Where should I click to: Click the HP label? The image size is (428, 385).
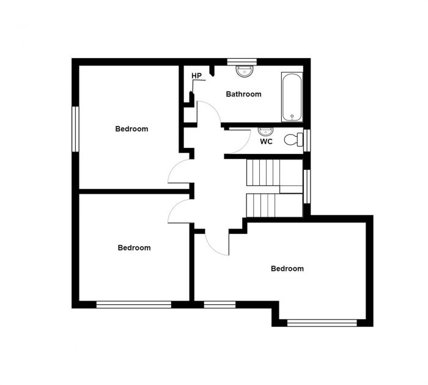tap(196, 76)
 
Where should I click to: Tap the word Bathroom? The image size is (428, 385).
tap(243, 94)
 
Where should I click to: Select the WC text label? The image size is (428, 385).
tap(266, 142)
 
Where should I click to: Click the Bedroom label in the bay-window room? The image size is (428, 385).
tap(287, 268)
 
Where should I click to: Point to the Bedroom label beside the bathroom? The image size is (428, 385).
tap(131, 129)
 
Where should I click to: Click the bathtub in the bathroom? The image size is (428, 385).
tap(291, 97)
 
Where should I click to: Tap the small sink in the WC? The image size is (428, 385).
tap(265, 131)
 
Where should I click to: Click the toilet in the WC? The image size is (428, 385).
tap(293, 140)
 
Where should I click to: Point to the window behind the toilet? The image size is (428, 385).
tap(306, 140)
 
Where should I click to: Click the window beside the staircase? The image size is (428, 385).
tap(306, 185)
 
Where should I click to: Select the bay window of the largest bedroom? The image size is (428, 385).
tap(321, 323)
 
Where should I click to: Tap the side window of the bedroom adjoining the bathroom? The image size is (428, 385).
tap(75, 129)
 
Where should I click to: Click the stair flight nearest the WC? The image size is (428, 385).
tap(263, 172)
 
